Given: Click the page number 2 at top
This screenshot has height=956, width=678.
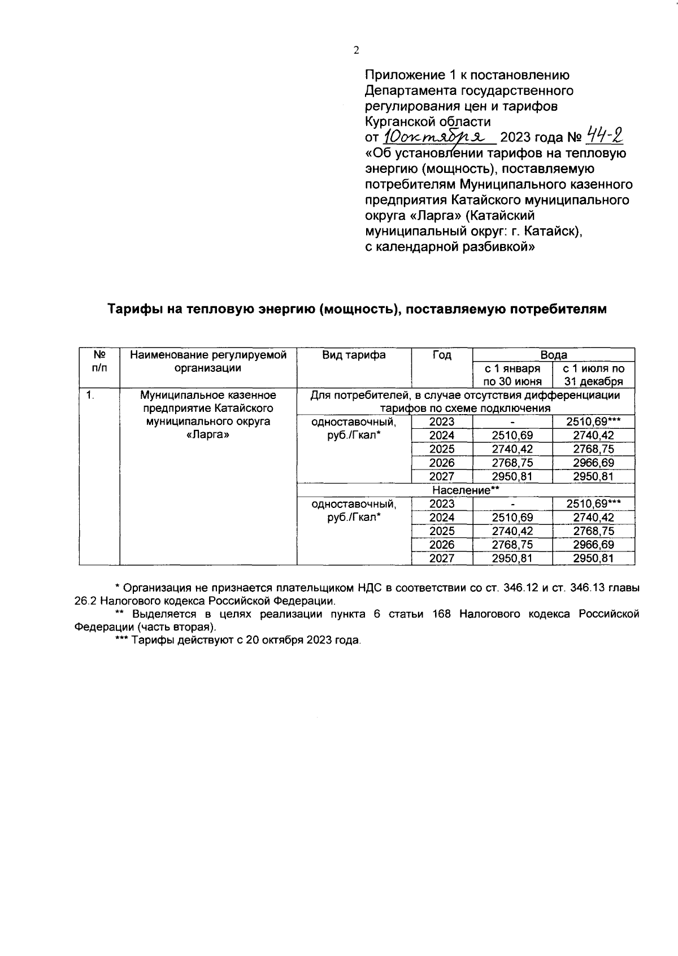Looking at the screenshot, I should pyautogui.click(x=356, y=50).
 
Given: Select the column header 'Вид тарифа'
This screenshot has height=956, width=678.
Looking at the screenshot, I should pyautogui.click(x=354, y=355).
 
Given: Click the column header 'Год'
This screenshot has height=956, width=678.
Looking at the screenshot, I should pyautogui.click(x=442, y=355).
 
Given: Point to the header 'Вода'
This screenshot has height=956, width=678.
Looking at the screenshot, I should pyautogui.click(x=553, y=355).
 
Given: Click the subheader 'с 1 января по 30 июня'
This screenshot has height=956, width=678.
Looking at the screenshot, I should pyautogui.click(x=512, y=375).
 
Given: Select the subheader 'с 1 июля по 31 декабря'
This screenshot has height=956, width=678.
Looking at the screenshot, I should pyautogui.click(x=593, y=375).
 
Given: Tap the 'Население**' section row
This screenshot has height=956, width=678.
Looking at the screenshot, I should pyautogui.click(x=466, y=490).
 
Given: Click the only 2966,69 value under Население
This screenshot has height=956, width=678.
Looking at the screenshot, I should pyautogui.click(x=593, y=545).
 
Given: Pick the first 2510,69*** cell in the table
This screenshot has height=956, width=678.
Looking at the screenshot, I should pyautogui.click(x=593, y=421).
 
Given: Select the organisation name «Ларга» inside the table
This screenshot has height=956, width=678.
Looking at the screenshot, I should pyautogui.click(x=208, y=435).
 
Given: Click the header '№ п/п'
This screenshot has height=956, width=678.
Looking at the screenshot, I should pyautogui.click(x=99, y=362).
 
